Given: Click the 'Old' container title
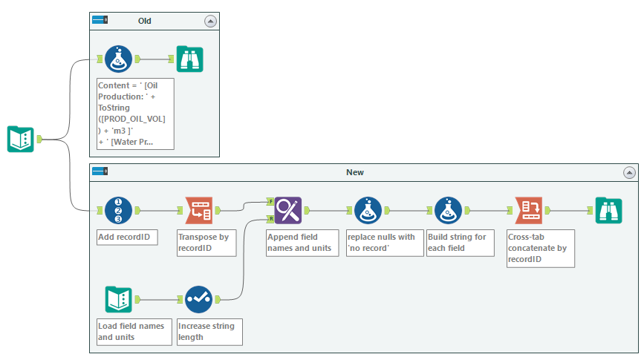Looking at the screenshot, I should [145, 21].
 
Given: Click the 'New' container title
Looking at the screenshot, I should [354, 172].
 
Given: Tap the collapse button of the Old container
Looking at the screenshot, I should [211, 22].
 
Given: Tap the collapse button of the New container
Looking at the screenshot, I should [629, 172].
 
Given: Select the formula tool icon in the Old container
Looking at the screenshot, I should [118, 59].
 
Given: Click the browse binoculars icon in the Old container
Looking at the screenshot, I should [189, 59].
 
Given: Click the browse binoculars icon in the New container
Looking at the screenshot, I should [608, 211].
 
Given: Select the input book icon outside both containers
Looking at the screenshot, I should [21, 139].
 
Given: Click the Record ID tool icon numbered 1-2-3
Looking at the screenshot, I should [118, 211].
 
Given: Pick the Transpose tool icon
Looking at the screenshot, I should [198, 211].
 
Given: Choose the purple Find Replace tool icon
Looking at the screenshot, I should [287, 211].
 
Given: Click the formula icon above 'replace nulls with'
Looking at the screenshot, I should [368, 211].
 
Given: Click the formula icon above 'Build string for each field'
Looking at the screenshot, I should [448, 211].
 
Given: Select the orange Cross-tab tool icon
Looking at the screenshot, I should [528, 211].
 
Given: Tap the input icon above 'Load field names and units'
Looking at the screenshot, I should [118, 299].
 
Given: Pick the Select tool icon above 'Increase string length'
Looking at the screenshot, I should [198, 299].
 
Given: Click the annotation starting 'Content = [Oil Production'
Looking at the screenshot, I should [135, 113].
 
